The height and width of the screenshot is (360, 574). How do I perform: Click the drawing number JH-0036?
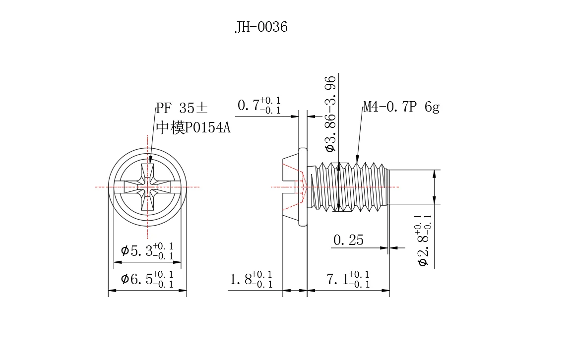point(261,27)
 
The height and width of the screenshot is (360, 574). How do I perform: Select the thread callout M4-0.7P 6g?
point(401,107)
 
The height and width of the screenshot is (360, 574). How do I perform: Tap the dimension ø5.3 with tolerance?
point(147,251)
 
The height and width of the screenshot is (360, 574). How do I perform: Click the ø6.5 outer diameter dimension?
point(147,279)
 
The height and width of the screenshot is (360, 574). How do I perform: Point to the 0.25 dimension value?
point(348,240)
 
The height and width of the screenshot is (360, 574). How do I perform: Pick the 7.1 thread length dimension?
point(348,279)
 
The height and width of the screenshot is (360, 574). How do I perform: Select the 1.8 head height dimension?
point(251,279)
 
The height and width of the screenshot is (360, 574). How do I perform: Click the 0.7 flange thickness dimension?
point(259,106)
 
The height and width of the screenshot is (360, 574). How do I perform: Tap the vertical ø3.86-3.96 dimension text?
point(330,113)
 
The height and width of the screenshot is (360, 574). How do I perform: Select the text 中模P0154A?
point(193,128)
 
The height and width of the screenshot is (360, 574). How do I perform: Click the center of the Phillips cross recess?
point(148,187)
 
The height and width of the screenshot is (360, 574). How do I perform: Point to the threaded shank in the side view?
point(350,187)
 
